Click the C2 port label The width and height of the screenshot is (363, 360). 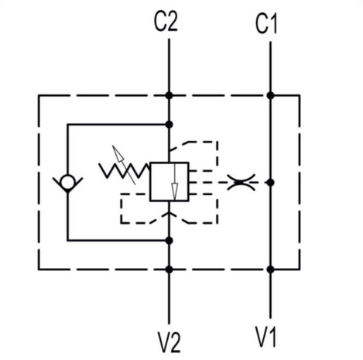(166, 22)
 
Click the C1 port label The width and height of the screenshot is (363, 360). (266, 24)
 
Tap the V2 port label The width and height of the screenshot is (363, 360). (170, 342)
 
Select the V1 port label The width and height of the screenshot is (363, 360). (265, 337)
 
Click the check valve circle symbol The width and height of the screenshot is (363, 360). (67, 182)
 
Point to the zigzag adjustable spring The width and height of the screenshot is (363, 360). (124, 170)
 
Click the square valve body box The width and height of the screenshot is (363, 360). (170, 182)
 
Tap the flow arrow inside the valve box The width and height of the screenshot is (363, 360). (175, 182)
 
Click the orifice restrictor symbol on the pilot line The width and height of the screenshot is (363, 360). (241, 183)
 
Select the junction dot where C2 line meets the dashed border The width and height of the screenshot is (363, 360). (169, 95)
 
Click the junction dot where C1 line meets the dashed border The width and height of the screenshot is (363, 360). (270, 95)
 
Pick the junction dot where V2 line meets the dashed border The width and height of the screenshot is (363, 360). (169, 269)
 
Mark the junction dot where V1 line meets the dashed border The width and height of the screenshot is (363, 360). (270, 269)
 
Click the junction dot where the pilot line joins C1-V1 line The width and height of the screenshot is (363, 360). (270, 183)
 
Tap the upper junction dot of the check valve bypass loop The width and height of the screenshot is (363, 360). (169, 125)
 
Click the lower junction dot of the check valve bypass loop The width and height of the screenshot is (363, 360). (169, 241)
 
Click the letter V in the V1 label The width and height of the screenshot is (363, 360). (261, 337)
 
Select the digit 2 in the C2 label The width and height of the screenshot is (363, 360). (173, 22)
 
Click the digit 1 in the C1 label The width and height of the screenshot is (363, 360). (273, 24)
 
